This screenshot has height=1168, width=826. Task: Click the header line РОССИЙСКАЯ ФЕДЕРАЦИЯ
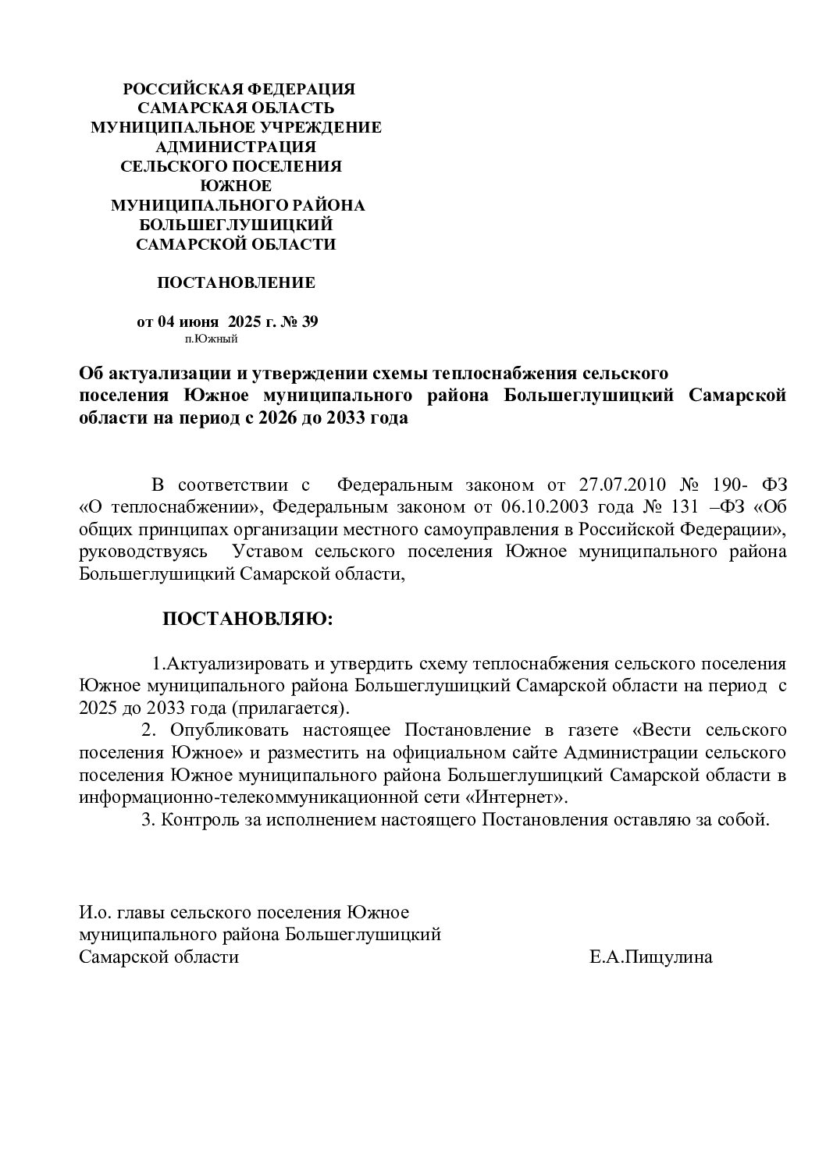pos(240,89)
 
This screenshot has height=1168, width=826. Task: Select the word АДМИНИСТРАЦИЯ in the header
pos(236,147)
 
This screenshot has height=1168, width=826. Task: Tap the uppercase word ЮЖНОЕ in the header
pos(236,186)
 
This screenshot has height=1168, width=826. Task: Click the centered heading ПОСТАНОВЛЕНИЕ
pos(237,282)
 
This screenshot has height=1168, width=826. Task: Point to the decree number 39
pos(309,321)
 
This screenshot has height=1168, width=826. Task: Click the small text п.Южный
pos(212,339)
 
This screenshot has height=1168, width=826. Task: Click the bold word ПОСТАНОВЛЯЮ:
pos(247,620)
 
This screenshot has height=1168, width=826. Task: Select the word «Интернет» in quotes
pos(526,798)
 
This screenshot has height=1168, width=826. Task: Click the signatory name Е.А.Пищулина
pos(651,957)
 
